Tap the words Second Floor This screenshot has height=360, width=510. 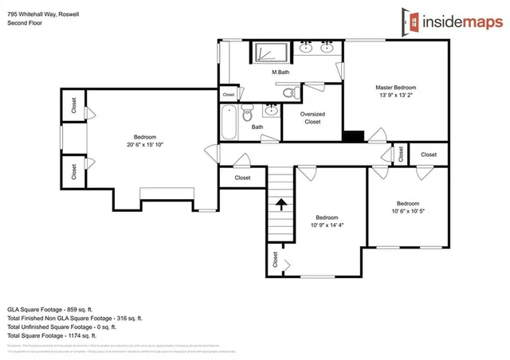25,23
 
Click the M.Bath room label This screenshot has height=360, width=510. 280,72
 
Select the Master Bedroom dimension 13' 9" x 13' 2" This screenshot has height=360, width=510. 395,96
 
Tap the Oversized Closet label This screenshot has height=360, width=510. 312,118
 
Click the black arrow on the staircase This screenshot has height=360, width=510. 281,204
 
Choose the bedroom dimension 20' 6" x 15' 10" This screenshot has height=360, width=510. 144,144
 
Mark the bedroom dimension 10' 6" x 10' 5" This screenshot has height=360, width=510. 407,211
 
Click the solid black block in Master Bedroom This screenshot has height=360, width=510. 352,136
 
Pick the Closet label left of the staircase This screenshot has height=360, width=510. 242,178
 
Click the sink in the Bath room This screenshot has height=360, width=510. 272,110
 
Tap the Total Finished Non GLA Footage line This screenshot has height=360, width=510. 74,318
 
